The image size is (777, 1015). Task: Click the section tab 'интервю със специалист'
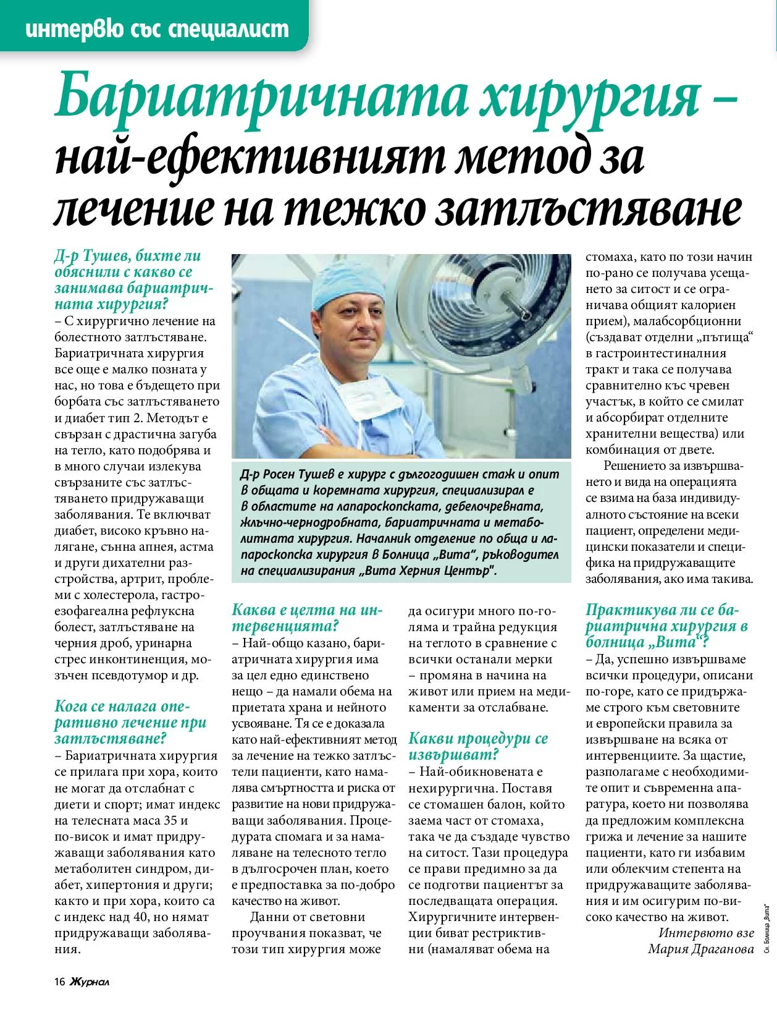click(x=157, y=28)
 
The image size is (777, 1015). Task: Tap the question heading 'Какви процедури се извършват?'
click(x=478, y=746)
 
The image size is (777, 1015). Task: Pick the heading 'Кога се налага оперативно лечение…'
click(x=130, y=722)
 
